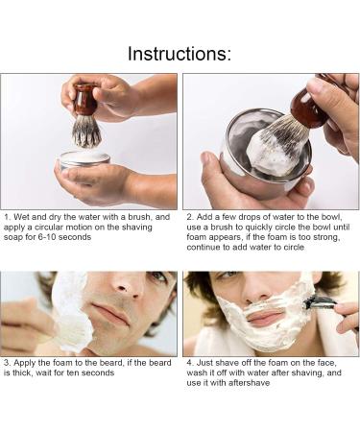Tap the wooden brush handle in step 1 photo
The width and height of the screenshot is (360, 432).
(85, 100)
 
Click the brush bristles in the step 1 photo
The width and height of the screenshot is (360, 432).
(86, 132)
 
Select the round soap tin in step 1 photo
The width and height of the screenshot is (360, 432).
(84, 161)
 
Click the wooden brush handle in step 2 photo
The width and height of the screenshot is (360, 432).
(311, 110)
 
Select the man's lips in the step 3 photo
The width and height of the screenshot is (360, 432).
(111, 313)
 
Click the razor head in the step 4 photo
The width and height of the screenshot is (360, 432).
(318, 302)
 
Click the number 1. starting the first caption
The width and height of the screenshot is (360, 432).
(8, 217)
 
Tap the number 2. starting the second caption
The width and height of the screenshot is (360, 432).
(190, 217)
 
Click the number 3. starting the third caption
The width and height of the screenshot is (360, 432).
(8, 363)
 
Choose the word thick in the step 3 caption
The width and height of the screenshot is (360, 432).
(22, 373)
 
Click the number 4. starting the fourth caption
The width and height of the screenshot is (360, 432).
(190, 363)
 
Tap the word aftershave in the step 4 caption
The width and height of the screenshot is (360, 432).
(250, 383)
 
